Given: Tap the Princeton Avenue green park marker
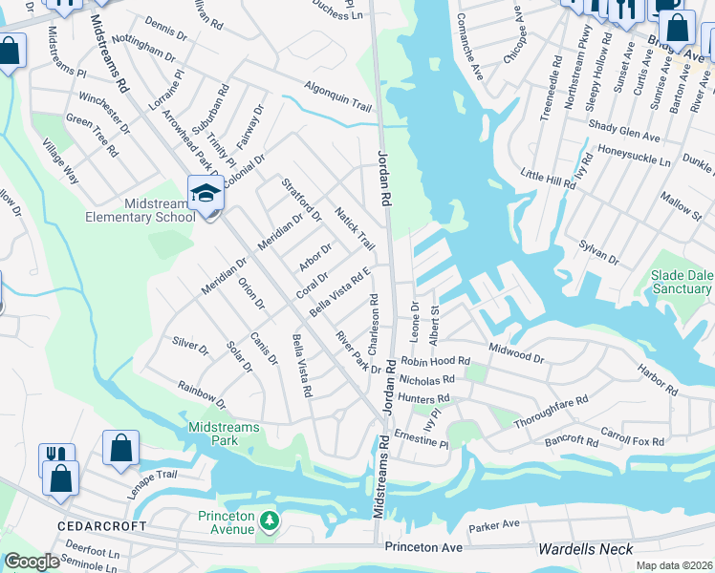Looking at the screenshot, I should click(x=270, y=520).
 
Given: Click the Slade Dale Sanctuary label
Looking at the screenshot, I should click(x=682, y=282).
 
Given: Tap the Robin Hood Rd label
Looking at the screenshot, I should click(x=436, y=362).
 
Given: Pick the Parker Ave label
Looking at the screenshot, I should click(x=493, y=525).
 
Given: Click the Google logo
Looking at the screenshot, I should click(x=32, y=562).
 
